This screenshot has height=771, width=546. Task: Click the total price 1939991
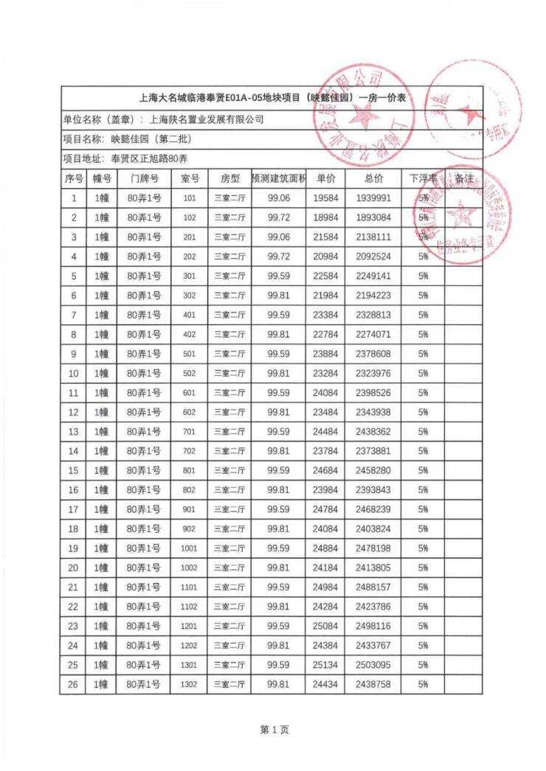click(373, 198)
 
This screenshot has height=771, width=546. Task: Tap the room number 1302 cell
click(190, 685)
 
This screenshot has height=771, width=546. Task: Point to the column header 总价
click(373, 178)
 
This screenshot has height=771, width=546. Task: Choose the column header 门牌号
click(144, 178)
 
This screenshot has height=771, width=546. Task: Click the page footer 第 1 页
click(274, 730)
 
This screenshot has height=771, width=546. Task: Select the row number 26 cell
click(74, 685)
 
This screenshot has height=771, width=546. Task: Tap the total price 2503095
click(373, 666)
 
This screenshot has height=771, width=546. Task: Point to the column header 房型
click(229, 178)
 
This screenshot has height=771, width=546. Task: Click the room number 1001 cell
click(190, 548)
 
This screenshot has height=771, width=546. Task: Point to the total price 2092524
click(373, 257)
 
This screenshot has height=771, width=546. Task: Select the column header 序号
click(74, 178)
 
